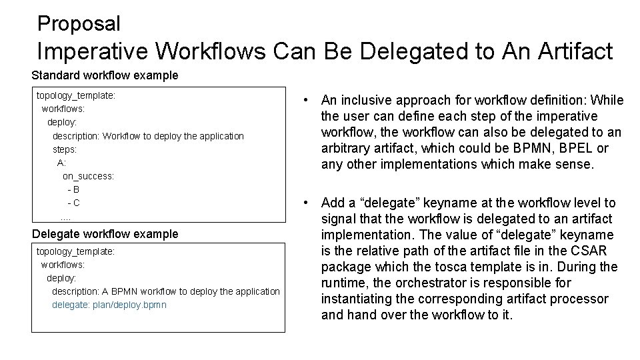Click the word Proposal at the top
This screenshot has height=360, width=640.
coord(79,24)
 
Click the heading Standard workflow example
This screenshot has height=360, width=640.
coord(105,75)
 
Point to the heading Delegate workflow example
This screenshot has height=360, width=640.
coord(105,234)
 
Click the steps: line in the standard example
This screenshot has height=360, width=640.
coord(65,149)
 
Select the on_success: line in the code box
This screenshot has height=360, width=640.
coord(88,176)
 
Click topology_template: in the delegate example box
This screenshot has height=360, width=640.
coord(75,251)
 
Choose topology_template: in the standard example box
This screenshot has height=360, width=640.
coord(76,95)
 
